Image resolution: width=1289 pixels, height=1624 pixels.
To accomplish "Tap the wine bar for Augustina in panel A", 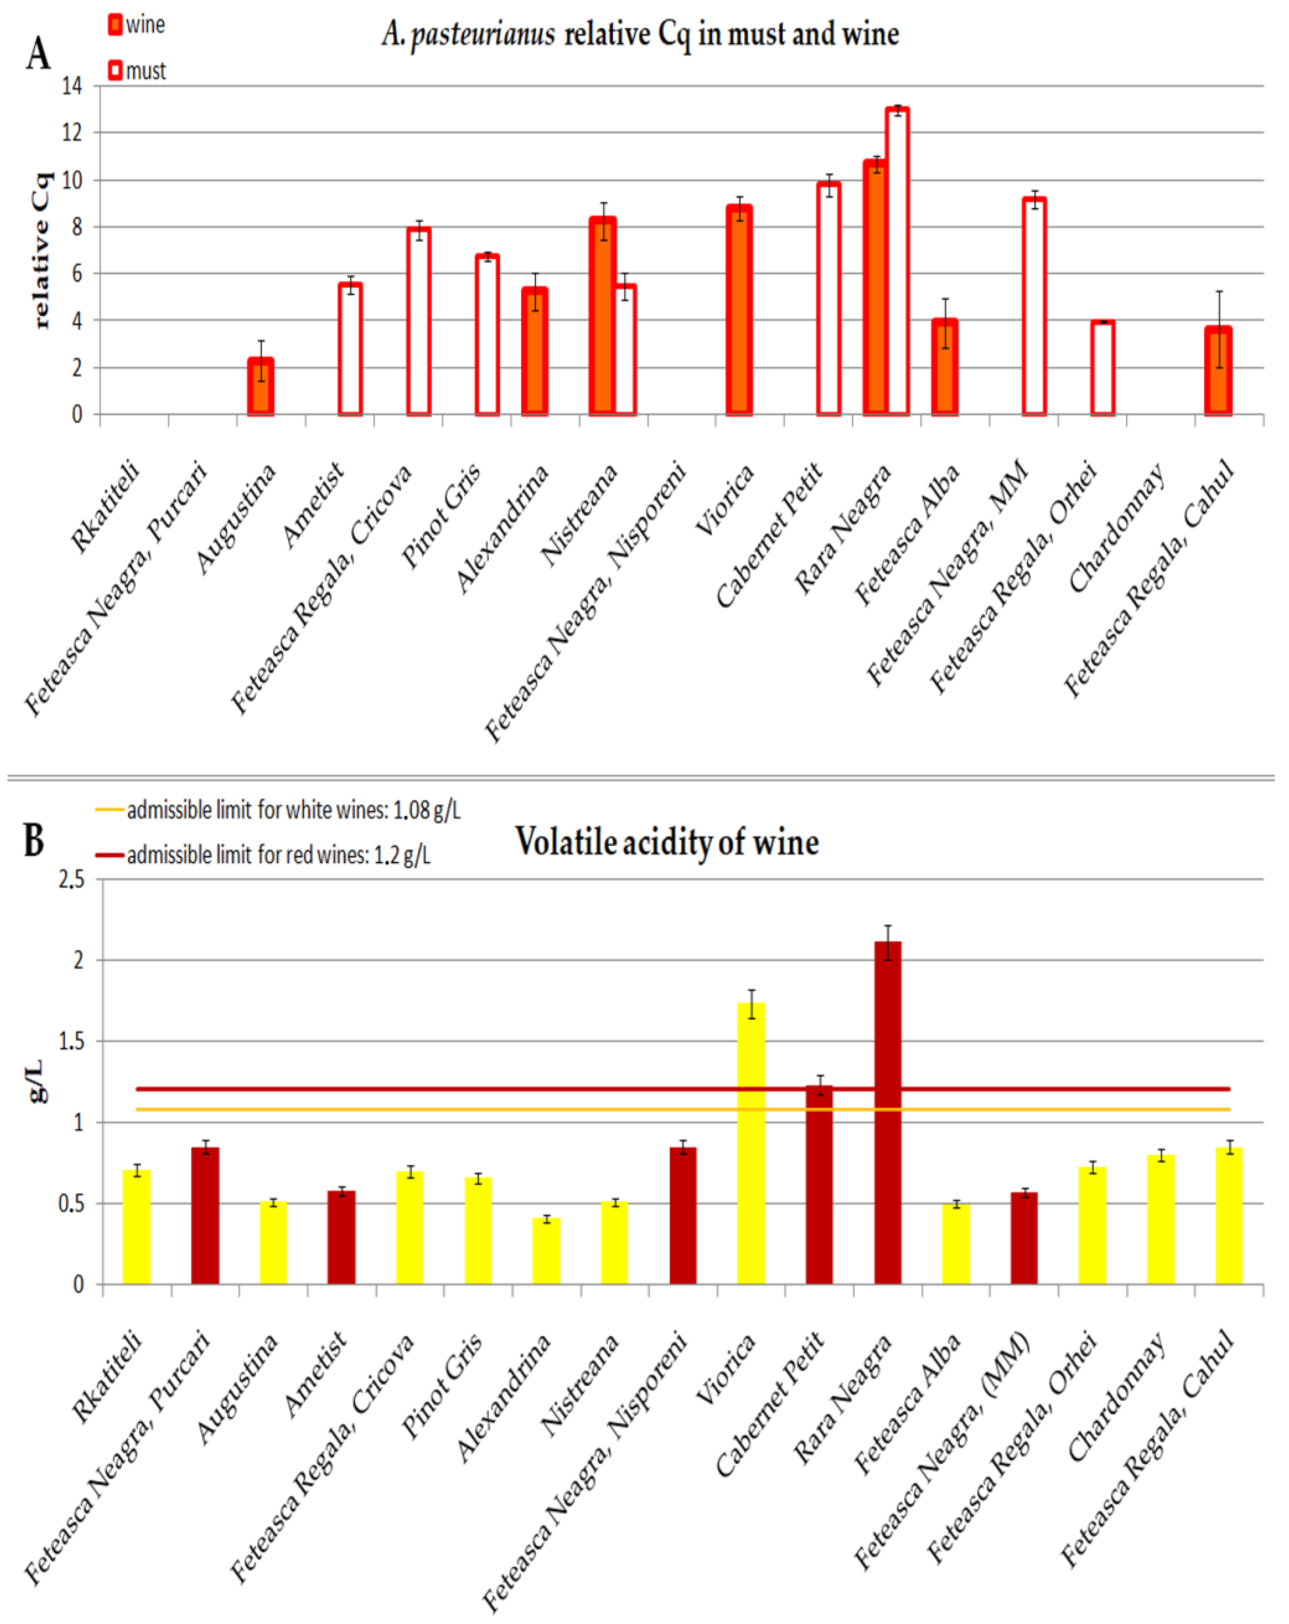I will [x=261, y=386].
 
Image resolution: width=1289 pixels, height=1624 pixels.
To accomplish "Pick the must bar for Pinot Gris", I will [x=487, y=335].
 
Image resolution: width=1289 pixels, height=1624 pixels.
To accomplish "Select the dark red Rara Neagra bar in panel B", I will [x=888, y=1113].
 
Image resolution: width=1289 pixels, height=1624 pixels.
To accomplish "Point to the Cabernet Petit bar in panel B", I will [x=819, y=1185].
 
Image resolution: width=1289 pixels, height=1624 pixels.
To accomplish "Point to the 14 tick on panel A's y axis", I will [x=72, y=86].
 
